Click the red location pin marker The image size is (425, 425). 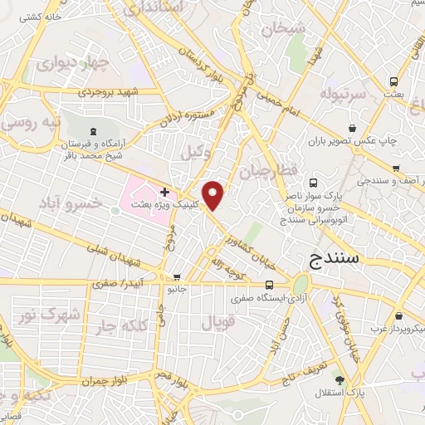(214, 195)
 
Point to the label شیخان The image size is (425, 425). (285, 29)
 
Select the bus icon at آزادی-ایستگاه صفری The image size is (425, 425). (268, 283)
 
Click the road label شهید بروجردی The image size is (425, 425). (111, 93)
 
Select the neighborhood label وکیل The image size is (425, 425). (192, 151)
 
